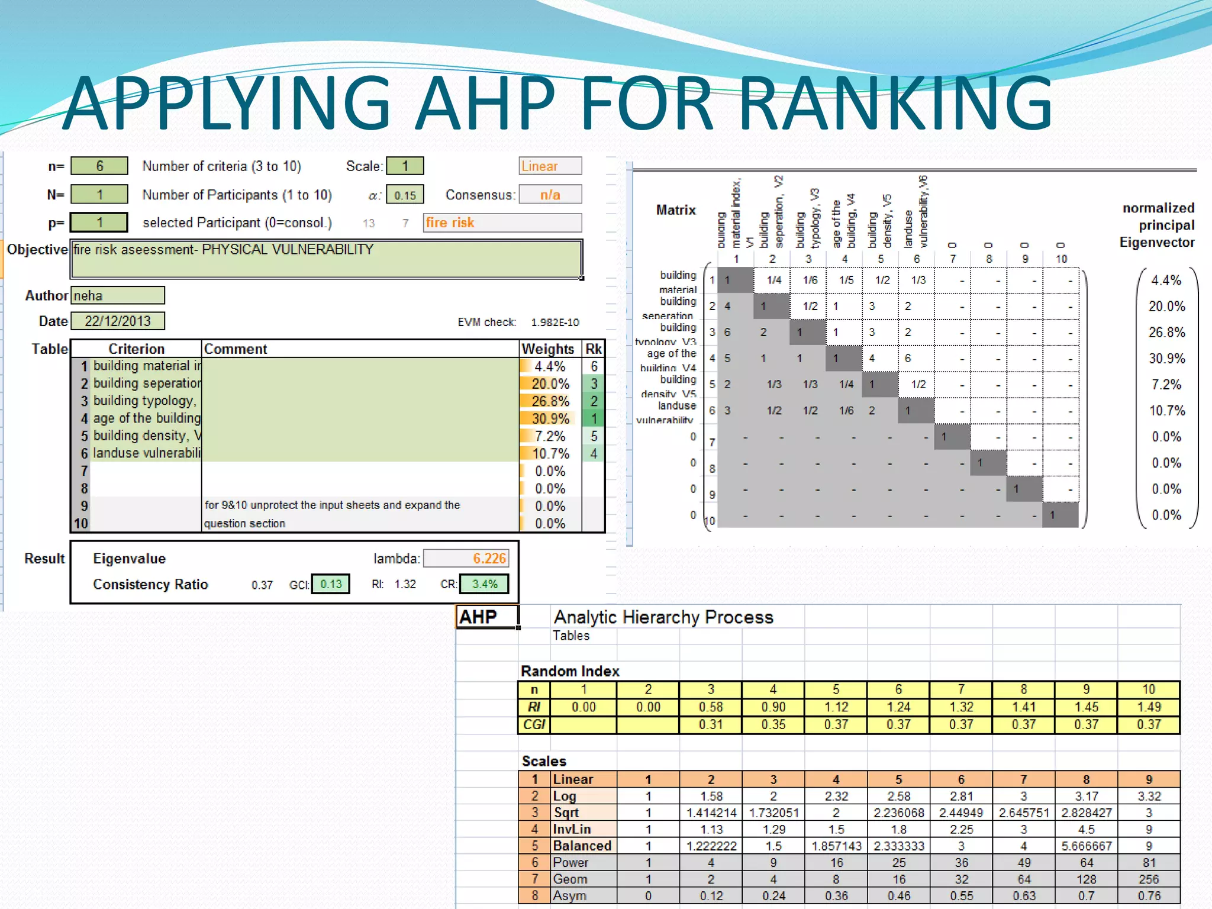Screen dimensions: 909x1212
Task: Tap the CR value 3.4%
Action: [484, 584]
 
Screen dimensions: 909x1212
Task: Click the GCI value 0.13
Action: [331, 584]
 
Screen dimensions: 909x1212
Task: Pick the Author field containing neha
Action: [117, 295]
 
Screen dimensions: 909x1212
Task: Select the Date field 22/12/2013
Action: [117, 321]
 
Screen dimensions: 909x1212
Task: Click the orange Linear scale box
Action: [550, 166]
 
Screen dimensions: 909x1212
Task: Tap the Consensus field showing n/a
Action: [550, 195]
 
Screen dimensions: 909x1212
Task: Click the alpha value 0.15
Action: [405, 195]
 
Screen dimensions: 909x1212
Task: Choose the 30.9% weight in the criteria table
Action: [550, 418]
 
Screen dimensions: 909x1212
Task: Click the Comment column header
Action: [236, 349]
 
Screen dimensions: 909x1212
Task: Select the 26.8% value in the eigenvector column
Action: [1166, 333]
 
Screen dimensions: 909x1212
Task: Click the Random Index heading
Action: [570, 671]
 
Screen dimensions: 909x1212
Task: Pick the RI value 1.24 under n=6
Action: [898, 707]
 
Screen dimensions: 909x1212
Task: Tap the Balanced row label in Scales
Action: [582, 846]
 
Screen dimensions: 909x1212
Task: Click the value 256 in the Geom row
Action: [1148, 879]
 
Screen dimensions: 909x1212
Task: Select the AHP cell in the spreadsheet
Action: [486, 617]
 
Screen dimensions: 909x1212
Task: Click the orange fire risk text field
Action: [502, 223]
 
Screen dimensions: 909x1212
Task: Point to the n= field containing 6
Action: [99, 166]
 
